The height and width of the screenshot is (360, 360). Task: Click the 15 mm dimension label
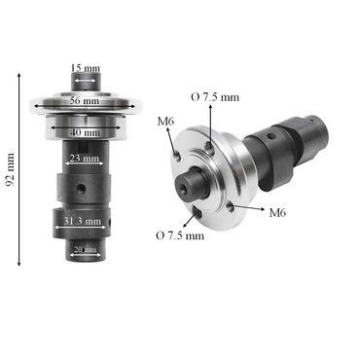(x=85, y=67)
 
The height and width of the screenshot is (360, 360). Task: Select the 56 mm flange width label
(x=85, y=101)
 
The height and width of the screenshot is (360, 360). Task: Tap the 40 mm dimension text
(x=85, y=132)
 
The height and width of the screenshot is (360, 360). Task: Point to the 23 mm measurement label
(x=85, y=159)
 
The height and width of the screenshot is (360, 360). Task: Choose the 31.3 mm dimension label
(x=81, y=222)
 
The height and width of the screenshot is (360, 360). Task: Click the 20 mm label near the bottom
(x=85, y=248)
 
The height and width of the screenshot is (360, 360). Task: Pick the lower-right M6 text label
(x=277, y=211)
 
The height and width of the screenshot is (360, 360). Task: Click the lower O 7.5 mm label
(x=180, y=235)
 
